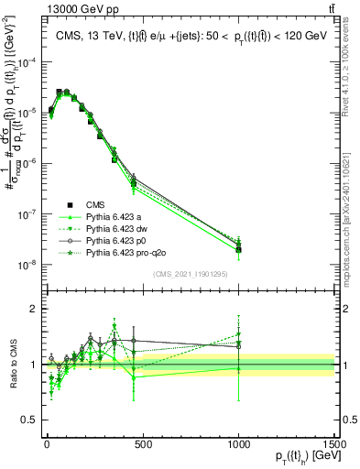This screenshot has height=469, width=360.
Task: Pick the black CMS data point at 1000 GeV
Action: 238,249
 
